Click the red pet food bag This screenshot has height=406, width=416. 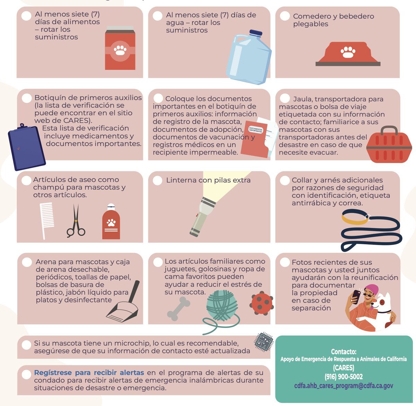(x=120, y=49)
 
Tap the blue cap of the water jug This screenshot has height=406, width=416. (x=255, y=33)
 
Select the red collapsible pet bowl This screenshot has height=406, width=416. (x=348, y=54)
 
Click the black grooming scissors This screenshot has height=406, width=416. (x=76, y=222)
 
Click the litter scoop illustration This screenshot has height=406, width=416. (x=124, y=306)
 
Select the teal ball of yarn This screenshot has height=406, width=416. (x=222, y=305)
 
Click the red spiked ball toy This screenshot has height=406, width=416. (x=261, y=303)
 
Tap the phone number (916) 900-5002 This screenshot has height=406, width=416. (x=344, y=377)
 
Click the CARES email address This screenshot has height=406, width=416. (x=344, y=386)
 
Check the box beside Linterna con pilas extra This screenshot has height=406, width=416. (x=157, y=180)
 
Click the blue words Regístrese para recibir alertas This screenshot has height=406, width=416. (x=89, y=373)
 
